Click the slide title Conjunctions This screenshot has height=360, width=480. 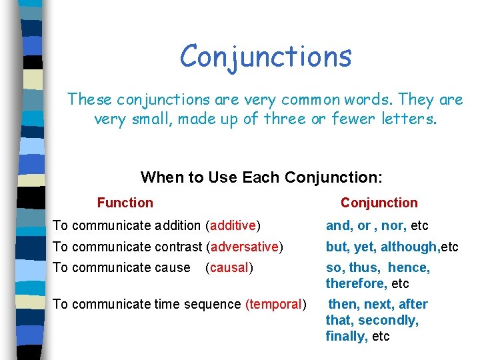[x=265, y=56]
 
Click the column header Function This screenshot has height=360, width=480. [x=125, y=203]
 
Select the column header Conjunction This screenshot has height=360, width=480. [x=379, y=203]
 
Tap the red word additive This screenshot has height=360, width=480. [x=233, y=226]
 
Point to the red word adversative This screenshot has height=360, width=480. [x=245, y=247]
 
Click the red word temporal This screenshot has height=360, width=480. [x=275, y=305]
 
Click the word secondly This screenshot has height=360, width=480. [x=389, y=321]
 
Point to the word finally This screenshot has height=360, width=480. [x=346, y=337]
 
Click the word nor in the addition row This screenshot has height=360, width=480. [x=393, y=226]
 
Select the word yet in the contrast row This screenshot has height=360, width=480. [x=364, y=247]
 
